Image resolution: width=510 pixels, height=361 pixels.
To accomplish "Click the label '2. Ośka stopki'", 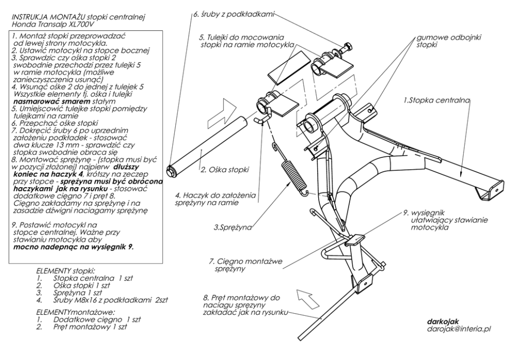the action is click(225, 170).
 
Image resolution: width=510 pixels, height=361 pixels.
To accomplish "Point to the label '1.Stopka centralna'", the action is click(437, 100).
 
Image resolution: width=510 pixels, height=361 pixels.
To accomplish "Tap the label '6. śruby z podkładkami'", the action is click(234, 14).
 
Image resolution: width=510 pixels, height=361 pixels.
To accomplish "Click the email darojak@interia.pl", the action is click(459, 329).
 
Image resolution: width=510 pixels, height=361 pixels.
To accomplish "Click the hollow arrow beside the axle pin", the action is click(222, 114).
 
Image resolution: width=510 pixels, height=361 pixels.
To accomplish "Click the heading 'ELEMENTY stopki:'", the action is click(66, 270).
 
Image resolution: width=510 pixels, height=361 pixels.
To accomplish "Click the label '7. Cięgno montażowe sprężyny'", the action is click(246, 265).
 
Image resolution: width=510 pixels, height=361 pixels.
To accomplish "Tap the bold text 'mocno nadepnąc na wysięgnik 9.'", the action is click(74, 247).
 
